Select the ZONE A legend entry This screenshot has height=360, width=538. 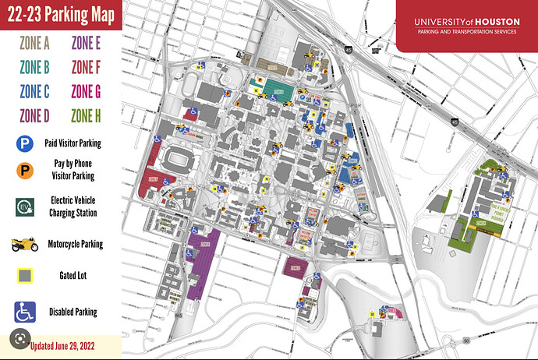click(34, 43)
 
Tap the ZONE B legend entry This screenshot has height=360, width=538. click(34, 67)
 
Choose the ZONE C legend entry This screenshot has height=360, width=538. click(34, 92)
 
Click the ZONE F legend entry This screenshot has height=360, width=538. click(86, 67)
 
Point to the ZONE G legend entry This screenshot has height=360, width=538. click(86, 92)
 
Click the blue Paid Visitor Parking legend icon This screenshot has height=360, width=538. click(26, 143)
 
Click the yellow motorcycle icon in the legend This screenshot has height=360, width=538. click(26, 245)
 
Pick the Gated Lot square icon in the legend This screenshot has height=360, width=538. click(26, 276)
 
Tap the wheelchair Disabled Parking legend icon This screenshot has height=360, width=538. click(26, 312)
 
